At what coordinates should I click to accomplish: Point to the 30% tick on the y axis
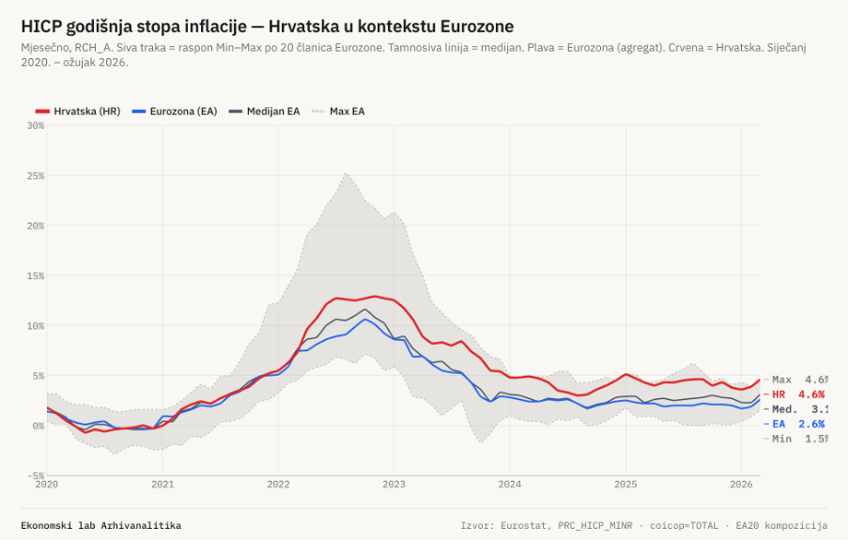click(x=35, y=125)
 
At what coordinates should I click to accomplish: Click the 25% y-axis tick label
click(x=35, y=176)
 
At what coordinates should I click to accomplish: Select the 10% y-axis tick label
click(x=35, y=326)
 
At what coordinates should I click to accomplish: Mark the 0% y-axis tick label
click(x=38, y=425)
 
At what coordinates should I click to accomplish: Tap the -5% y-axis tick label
click(x=35, y=475)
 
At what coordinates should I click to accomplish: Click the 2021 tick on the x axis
click(x=162, y=485)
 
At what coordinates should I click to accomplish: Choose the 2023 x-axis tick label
click(x=394, y=485)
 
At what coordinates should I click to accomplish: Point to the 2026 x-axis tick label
click(x=741, y=485)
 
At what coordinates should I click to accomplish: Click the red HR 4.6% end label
click(x=797, y=394)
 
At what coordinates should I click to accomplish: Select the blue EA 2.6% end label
click(x=797, y=425)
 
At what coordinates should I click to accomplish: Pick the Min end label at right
click(x=799, y=440)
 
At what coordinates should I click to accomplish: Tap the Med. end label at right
click(x=799, y=410)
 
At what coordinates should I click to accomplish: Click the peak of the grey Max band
click(x=346, y=174)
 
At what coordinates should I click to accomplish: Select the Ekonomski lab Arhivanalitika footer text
click(x=100, y=525)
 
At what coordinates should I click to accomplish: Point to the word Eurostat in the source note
click(x=525, y=525)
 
